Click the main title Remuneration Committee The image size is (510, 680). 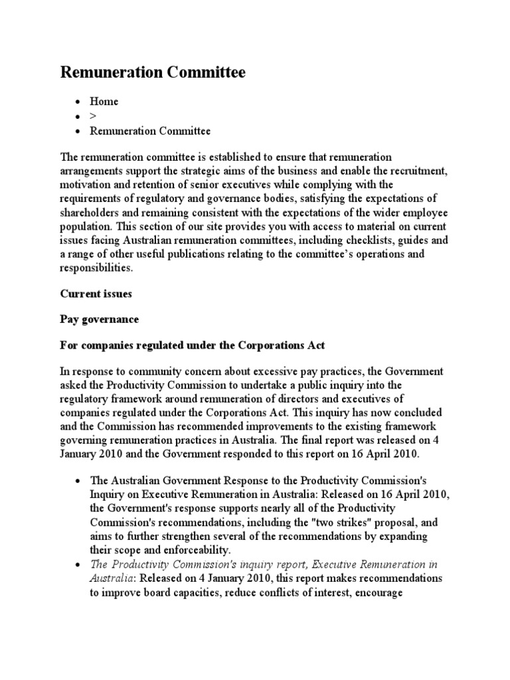click(x=153, y=72)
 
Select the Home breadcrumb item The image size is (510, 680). click(x=104, y=102)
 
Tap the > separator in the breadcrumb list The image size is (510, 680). click(x=94, y=116)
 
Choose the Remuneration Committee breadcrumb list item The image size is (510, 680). click(x=150, y=131)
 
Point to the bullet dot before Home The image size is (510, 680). click(x=78, y=102)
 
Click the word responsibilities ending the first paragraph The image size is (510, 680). click(x=96, y=268)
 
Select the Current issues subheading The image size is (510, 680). click(x=96, y=293)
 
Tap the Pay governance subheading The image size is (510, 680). click(x=100, y=319)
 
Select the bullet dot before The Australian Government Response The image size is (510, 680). click(x=78, y=481)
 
